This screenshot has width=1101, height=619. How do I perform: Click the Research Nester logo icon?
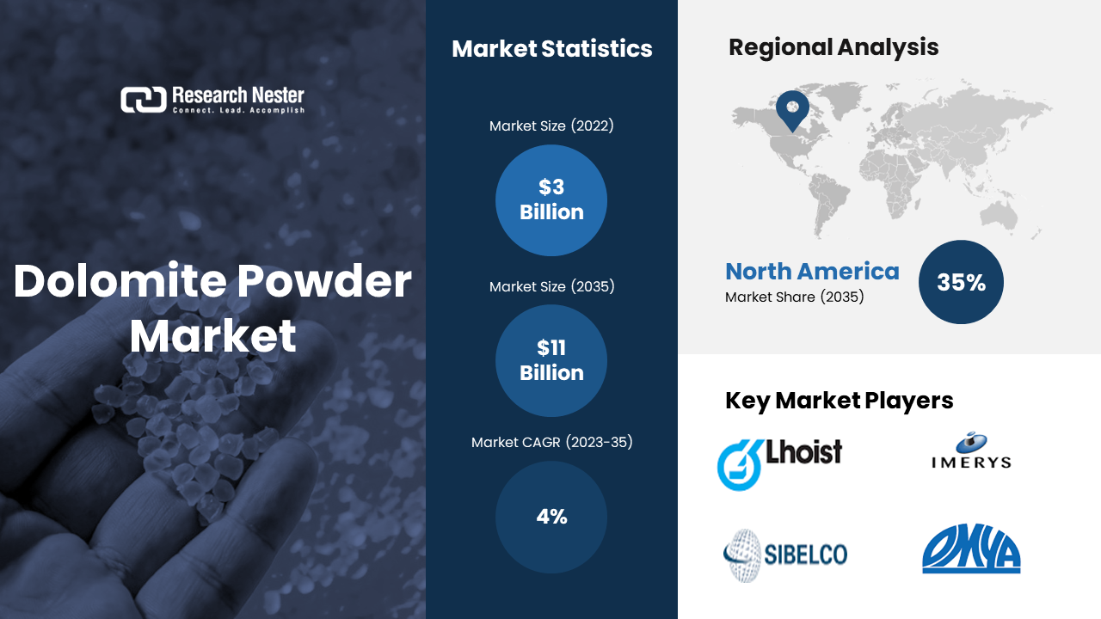click(144, 100)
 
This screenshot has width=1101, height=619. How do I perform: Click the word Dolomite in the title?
click(121, 280)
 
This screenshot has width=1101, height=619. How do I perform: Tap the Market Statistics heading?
click(552, 49)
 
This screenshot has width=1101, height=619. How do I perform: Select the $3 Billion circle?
click(551, 200)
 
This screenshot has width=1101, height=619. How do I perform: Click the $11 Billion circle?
click(551, 360)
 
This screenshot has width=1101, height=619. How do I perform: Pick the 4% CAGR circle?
click(551, 517)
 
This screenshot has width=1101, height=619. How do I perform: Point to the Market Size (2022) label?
click(551, 126)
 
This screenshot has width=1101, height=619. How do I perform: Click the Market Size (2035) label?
click(551, 286)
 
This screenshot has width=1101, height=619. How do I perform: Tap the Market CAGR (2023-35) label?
click(552, 442)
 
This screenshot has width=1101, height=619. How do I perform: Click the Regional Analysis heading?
click(833, 47)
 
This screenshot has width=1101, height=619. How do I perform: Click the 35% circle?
click(961, 282)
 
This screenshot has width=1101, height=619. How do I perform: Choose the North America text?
click(813, 271)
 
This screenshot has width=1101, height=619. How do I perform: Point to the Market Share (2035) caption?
click(794, 297)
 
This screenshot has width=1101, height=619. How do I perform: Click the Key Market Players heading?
click(839, 401)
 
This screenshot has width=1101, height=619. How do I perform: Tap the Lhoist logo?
click(779, 463)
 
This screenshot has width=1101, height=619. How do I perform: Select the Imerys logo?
click(971, 450)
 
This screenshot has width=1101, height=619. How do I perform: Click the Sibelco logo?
click(785, 555)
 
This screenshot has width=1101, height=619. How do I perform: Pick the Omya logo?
click(971, 549)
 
